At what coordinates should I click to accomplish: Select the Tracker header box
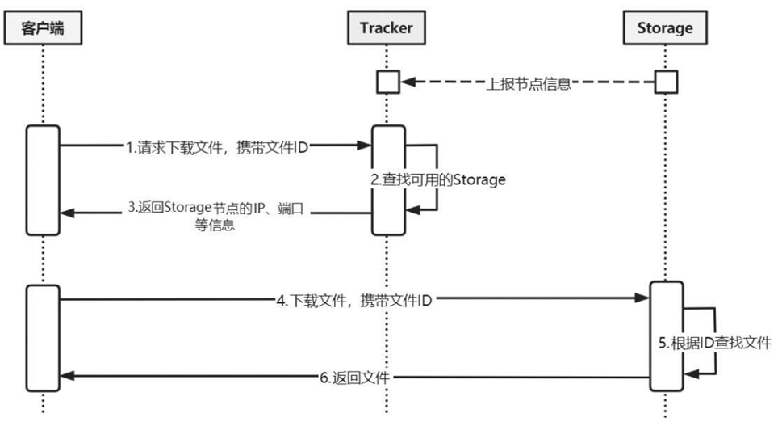click(x=386, y=28)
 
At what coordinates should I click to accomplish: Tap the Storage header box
click(x=665, y=28)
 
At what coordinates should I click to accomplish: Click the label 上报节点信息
click(x=529, y=82)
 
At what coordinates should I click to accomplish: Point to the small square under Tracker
click(x=388, y=82)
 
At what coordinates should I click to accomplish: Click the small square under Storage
click(x=666, y=82)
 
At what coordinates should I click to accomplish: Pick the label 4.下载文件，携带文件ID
click(x=354, y=301)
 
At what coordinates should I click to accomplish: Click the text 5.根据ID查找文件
click(x=714, y=343)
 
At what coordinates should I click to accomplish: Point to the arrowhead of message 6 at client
click(x=68, y=378)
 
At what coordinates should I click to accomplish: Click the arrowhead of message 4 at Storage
click(x=644, y=300)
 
